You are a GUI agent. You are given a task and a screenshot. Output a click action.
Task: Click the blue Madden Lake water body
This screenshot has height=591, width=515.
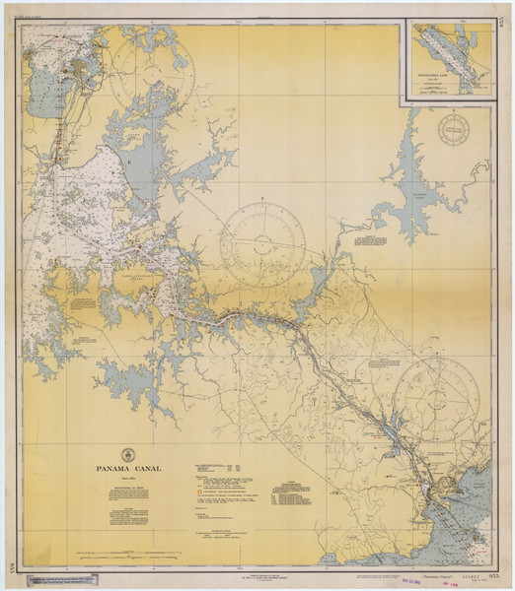pos(424,187)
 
